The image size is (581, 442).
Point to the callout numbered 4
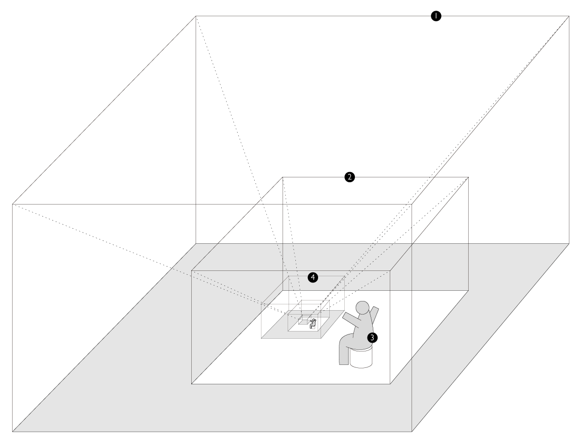pyautogui.click(x=313, y=277)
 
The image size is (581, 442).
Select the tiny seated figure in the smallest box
pyautogui.click(x=313, y=323)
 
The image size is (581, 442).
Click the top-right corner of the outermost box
pyautogui.click(x=569, y=16)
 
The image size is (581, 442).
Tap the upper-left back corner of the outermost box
pyautogui.click(x=196, y=16)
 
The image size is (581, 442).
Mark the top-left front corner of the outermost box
pyautogui.click(x=12, y=204)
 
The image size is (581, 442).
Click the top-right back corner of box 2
pyautogui.click(x=468, y=177)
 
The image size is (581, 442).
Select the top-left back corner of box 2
pyautogui.click(x=282, y=177)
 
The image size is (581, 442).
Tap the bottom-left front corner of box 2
pyautogui.click(x=192, y=384)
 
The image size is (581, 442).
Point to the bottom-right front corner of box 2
pyautogui.click(x=390, y=384)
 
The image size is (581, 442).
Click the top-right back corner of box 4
pyautogui.click(x=345, y=276)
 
